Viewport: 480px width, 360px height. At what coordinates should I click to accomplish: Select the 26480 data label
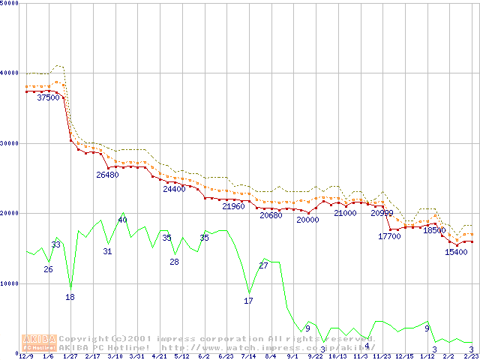(x=107, y=175)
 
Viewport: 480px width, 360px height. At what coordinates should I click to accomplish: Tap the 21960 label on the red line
(x=233, y=205)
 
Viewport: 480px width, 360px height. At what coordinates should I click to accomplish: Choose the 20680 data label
(x=271, y=215)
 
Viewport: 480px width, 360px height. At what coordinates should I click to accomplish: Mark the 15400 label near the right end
(x=456, y=252)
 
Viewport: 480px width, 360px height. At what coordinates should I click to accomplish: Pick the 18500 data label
(x=434, y=230)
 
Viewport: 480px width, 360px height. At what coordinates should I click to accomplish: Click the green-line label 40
(x=122, y=220)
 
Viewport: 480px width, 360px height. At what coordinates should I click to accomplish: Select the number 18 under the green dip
(x=70, y=297)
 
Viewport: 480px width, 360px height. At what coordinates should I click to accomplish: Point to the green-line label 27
(x=263, y=265)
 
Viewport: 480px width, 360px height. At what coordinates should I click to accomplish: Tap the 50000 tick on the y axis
(x=10, y=3)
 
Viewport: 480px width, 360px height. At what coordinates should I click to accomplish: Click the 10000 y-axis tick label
(x=10, y=283)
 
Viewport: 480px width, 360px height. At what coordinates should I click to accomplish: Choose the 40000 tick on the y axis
(x=10, y=73)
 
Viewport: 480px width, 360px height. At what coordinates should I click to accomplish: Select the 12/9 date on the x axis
(x=26, y=356)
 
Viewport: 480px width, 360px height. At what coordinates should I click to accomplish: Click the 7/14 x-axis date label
(x=248, y=356)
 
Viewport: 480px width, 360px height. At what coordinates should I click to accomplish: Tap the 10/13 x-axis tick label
(x=337, y=356)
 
